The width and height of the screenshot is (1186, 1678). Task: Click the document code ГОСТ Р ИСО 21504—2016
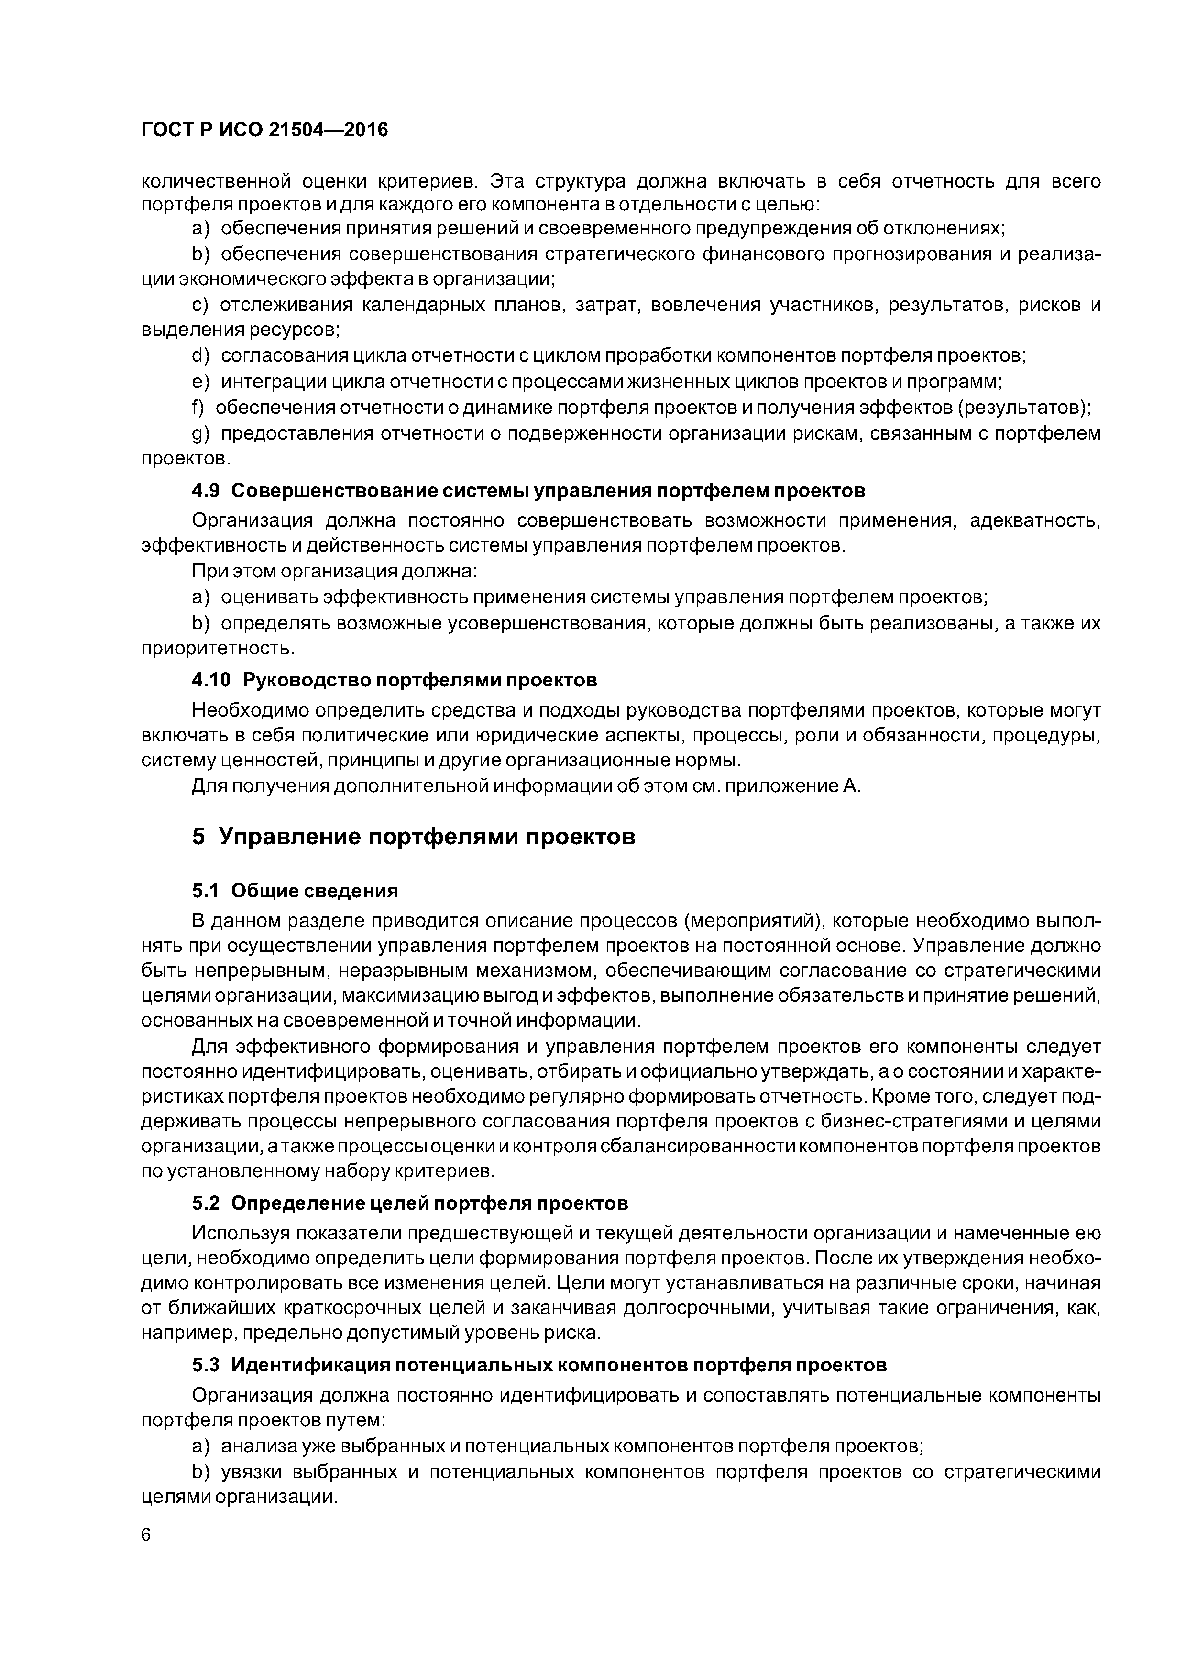pos(264,130)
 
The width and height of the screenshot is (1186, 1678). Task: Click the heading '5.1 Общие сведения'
pos(295,890)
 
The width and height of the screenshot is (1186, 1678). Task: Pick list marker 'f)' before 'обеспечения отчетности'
pos(198,407)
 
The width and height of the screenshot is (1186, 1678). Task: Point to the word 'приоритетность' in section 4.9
pos(216,648)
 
